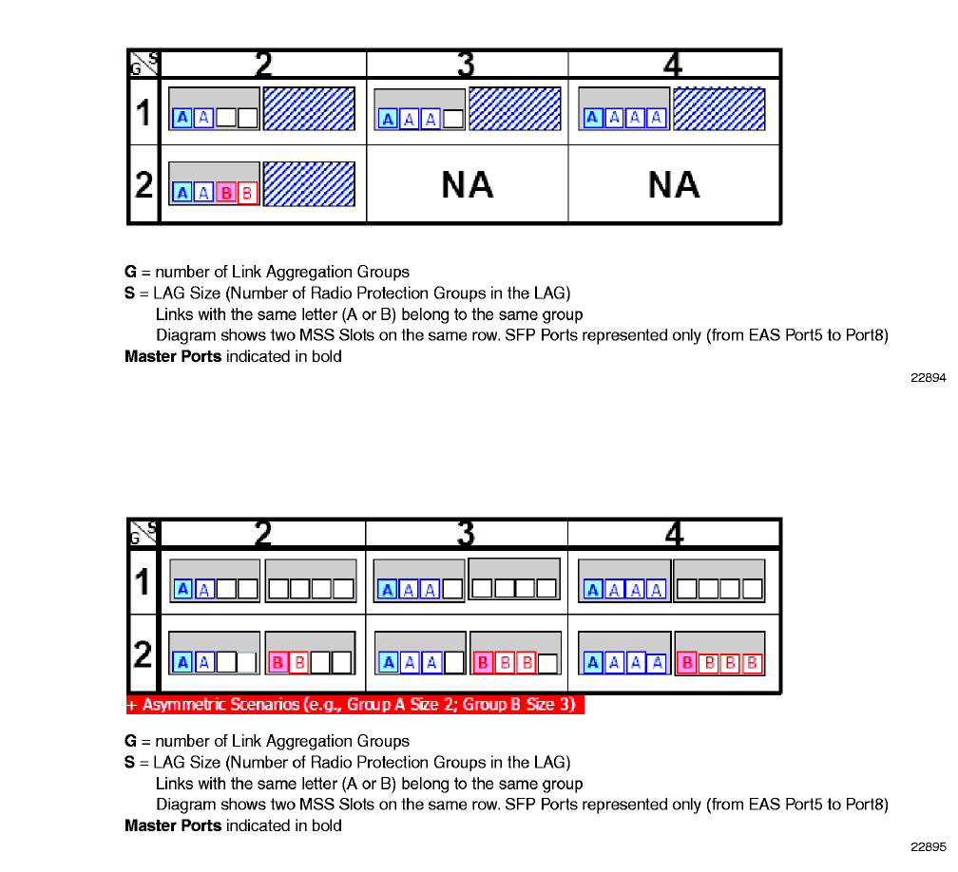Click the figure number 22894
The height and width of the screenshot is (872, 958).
[929, 378]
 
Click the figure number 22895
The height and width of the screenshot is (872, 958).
[929, 846]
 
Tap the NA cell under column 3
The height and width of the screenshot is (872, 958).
[467, 184]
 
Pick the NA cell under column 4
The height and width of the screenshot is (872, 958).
[674, 184]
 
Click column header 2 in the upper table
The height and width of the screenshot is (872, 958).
[263, 64]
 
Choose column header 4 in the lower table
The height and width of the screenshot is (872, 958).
[674, 534]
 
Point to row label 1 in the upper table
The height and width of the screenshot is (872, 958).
[144, 113]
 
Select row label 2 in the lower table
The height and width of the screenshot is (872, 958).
[144, 654]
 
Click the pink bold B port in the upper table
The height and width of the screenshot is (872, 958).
[226, 193]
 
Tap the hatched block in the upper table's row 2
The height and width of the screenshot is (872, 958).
[309, 184]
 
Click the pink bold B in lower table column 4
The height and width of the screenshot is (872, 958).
[686, 662]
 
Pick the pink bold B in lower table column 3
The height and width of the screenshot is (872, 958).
[482, 662]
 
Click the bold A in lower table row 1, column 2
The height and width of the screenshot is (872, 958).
[182, 589]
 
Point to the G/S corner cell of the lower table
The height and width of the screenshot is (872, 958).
[144, 534]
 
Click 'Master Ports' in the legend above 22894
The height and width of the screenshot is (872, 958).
[173, 357]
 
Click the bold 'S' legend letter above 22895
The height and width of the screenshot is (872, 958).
[129, 763]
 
